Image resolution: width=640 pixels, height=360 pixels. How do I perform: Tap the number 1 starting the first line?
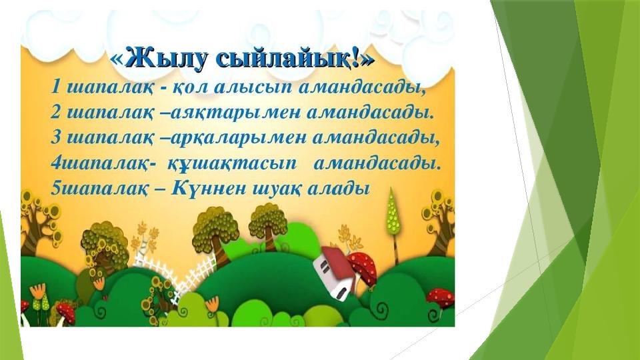click(57, 87)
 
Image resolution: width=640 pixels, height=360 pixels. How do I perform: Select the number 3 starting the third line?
click(57, 138)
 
